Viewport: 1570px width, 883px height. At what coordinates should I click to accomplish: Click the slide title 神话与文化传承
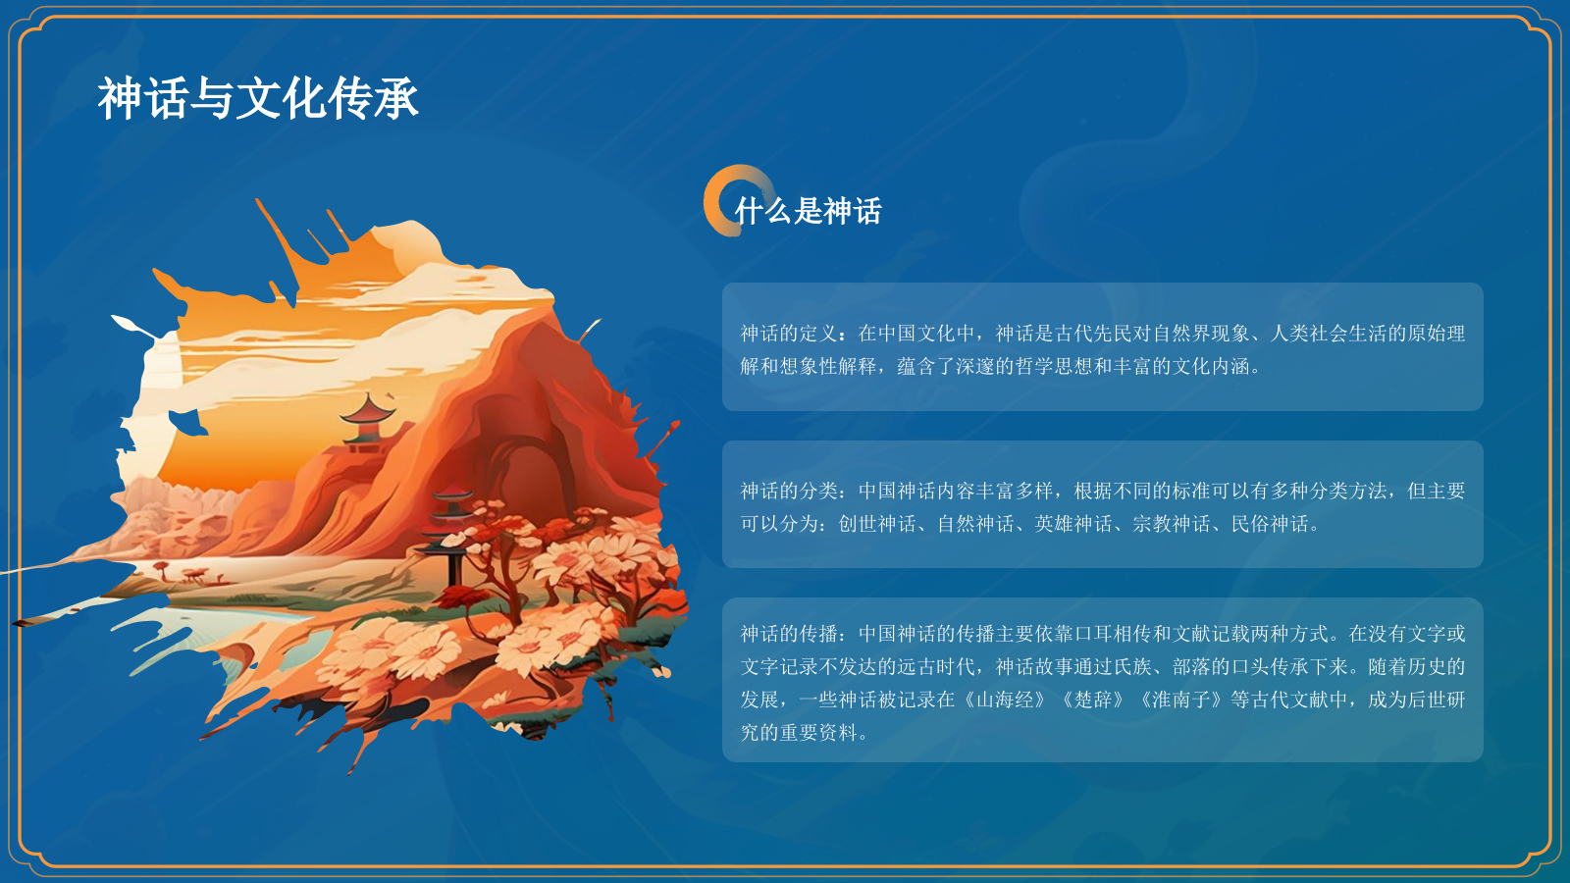click(258, 99)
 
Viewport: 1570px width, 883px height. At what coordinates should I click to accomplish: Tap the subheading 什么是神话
click(808, 211)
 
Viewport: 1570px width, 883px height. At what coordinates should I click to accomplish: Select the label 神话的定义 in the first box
click(789, 334)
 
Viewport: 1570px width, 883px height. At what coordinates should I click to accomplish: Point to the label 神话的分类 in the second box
click(789, 491)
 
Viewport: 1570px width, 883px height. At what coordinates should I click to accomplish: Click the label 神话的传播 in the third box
click(789, 634)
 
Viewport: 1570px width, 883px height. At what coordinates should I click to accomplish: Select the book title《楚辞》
click(1093, 700)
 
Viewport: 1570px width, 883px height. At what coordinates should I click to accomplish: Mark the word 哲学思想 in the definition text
click(1054, 367)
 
